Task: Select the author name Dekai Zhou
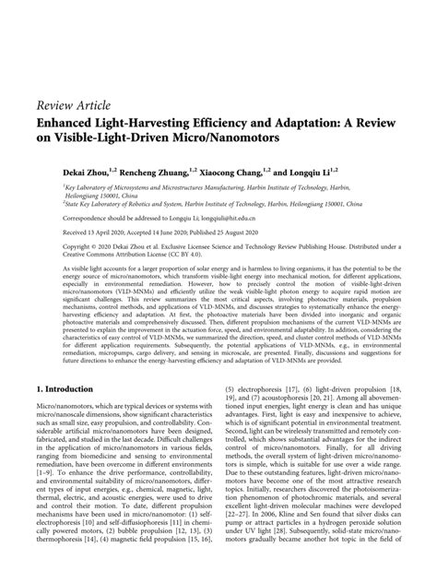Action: [63, 171]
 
